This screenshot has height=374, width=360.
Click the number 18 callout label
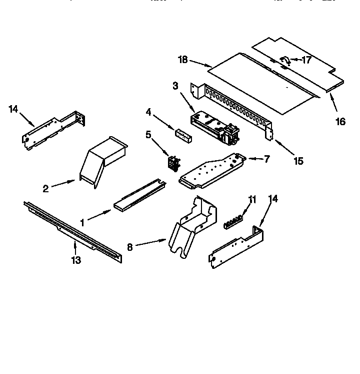coord(182,61)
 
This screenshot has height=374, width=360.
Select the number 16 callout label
coord(340,122)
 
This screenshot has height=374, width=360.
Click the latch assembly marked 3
coord(215,126)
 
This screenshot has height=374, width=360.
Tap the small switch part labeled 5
coord(174,163)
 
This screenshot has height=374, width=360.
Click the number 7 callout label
coord(266,159)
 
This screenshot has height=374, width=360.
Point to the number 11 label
coord(252,199)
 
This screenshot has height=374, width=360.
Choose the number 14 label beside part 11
coord(273,199)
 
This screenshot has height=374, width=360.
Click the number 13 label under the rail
coord(75,260)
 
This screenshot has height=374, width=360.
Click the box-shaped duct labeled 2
coord(102,160)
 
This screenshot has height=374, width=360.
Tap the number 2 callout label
coord(45,189)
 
